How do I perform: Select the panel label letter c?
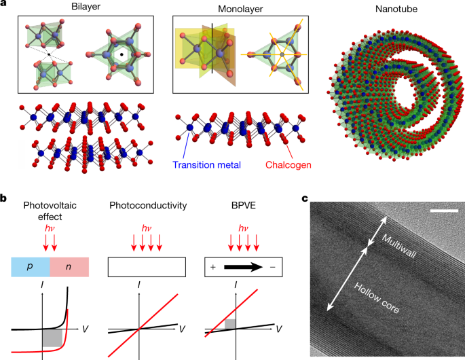pyautogui.click(x=304, y=199)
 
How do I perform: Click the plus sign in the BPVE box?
pyautogui.click(x=213, y=267)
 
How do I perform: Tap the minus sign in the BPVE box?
pyautogui.click(x=272, y=267)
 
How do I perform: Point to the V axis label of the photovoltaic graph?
pyautogui.click(x=86, y=328)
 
